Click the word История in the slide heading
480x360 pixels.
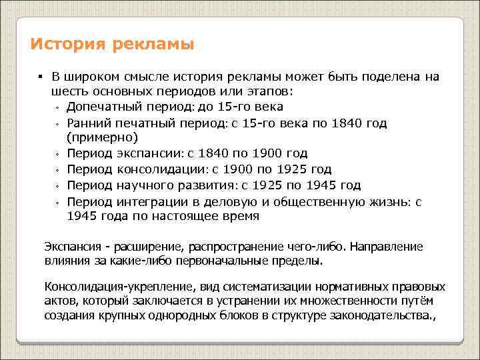64,45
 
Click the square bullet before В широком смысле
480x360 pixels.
40,76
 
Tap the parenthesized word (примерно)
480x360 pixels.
102,138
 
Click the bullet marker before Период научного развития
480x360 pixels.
58,187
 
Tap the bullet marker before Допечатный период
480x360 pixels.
58,108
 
